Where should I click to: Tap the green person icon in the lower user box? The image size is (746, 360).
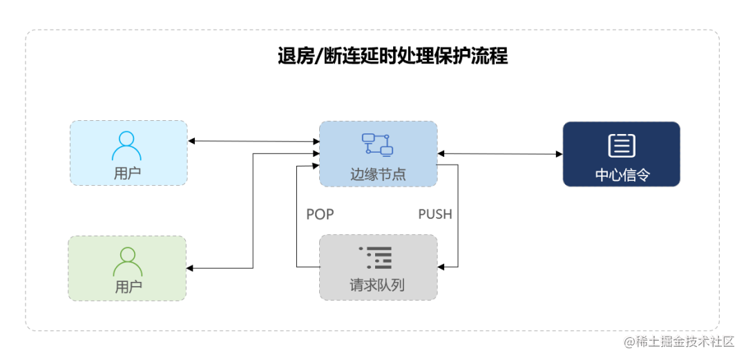[x=127, y=261]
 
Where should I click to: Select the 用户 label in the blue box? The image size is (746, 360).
[x=128, y=173]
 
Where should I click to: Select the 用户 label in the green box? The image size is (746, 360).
[x=128, y=286]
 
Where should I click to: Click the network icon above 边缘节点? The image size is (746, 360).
[x=377, y=144]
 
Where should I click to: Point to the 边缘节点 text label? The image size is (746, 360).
[x=378, y=174]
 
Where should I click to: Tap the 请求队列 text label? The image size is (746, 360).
[x=377, y=285]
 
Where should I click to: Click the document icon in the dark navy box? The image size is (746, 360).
[x=622, y=145]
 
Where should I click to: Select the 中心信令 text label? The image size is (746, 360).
[x=622, y=175]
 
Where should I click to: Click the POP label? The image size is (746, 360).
[x=320, y=214]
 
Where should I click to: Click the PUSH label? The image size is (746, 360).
[x=435, y=214]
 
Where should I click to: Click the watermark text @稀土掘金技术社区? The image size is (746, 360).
[x=680, y=341]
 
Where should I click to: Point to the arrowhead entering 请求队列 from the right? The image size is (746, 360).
[x=442, y=267]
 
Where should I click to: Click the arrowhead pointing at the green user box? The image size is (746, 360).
[x=191, y=268]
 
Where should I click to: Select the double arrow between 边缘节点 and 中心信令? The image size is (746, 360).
[x=499, y=154]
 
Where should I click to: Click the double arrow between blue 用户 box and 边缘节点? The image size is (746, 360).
[x=253, y=142]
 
